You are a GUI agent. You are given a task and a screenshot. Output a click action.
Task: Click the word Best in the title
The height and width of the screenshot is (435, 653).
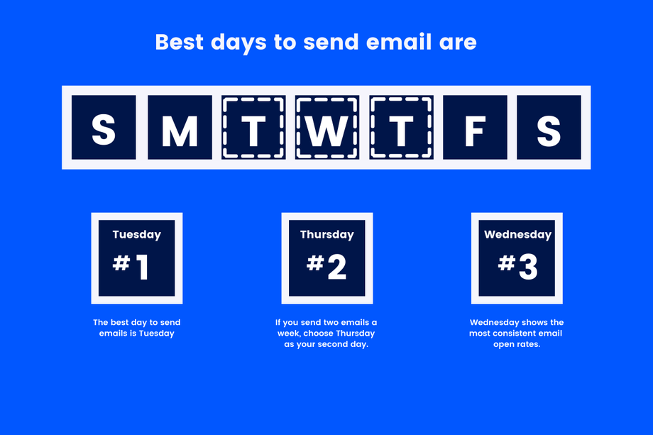[x=179, y=42]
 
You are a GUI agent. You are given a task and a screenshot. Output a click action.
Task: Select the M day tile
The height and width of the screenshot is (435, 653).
[x=180, y=128]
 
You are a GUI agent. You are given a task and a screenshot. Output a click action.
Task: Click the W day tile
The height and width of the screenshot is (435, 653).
[x=327, y=128]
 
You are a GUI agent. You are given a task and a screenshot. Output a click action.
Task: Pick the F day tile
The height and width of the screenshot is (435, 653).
[x=475, y=128]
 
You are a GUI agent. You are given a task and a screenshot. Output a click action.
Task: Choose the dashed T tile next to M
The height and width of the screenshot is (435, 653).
[x=253, y=128]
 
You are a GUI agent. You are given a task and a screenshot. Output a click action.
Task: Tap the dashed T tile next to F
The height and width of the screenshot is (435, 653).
[x=402, y=128]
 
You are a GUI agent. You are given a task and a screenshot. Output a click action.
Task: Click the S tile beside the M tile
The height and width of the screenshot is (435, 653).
[x=104, y=128]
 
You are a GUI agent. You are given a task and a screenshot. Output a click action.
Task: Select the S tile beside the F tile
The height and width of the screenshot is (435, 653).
[x=549, y=128]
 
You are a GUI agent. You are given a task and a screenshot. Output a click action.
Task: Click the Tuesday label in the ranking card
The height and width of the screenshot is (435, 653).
[x=136, y=235]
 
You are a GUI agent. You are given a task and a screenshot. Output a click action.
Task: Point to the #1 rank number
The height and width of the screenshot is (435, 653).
[x=131, y=267]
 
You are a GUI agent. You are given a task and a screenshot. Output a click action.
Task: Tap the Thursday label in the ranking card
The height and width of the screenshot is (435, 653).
[x=327, y=235]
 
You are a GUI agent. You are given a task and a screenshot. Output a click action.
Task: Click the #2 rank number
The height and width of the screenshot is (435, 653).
[x=326, y=267]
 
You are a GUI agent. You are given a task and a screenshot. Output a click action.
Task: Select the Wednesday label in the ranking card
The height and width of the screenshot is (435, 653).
[x=517, y=235]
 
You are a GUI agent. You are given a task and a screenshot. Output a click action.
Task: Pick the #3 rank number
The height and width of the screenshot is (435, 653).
[x=517, y=267]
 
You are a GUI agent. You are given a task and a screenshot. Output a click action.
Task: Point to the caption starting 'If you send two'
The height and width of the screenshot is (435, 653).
[x=326, y=334]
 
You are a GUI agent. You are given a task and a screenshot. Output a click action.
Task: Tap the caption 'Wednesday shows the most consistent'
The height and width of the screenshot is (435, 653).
[x=517, y=334]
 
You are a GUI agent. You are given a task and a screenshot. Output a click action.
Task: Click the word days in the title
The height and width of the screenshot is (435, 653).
[x=238, y=43]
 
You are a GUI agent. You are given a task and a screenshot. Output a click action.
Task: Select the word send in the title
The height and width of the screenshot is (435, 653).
[x=331, y=42]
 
